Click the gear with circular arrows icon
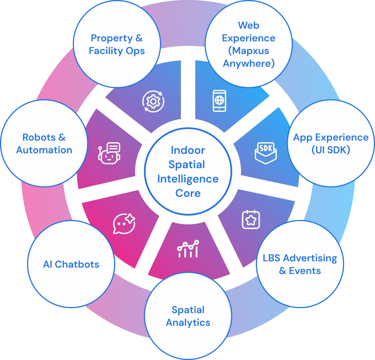[x=153, y=101]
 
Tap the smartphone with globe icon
[x=219, y=101]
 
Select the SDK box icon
[x=266, y=153]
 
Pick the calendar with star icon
[x=251, y=220]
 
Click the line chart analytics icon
[x=188, y=249]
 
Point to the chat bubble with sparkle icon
[x=124, y=224]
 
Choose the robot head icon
[x=109, y=153]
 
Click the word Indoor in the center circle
[x=188, y=150]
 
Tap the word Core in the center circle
[x=188, y=193]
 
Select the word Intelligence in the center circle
[x=188, y=179]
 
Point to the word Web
[x=249, y=25]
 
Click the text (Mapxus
[x=249, y=51]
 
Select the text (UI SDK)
[x=331, y=150]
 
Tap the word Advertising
[x=310, y=258]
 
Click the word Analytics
[x=188, y=323]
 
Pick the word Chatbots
[x=77, y=264]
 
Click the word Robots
[x=39, y=137]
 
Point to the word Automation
[x=44, y=150]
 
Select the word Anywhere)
[x=249, y=63]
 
